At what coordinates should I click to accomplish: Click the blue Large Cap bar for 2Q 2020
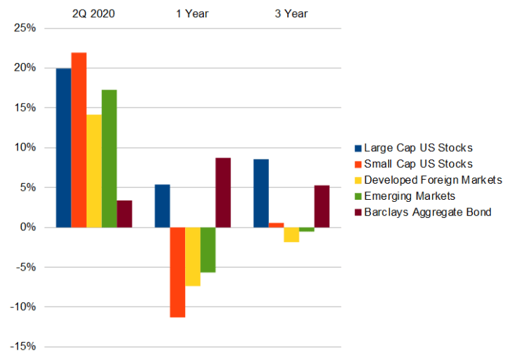(x=63, y=148)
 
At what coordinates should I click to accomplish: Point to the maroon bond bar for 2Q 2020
(x=124, y=214)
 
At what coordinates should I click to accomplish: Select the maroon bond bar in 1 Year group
(x=223, y=192)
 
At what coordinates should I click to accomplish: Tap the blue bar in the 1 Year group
(x=162, y=205)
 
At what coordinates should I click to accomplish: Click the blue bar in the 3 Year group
(x=261, y=193)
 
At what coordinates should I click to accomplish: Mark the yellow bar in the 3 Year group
(x=291, y=234)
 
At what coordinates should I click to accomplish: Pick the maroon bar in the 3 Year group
(x=322, y=206)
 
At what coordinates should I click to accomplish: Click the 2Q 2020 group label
(x=94, y=13)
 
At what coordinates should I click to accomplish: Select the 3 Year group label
(x=291, y=13)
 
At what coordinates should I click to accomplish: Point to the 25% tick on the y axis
(x=25, y=28)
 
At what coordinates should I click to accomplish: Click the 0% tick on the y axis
(x=28, y=228)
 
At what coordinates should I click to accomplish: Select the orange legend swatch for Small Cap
(x=358, y=164)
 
